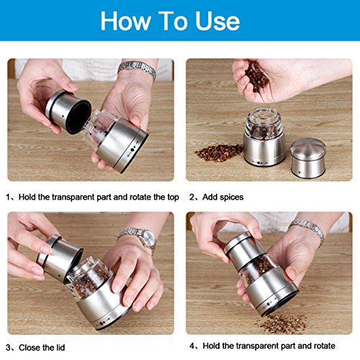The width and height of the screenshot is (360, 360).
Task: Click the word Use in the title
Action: (x=217, y=21)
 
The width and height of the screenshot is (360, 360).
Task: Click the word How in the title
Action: (x=126, y=21)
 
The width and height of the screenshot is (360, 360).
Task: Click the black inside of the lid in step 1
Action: (x=78, y=117)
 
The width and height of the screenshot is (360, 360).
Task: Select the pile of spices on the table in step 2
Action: (x=219, y=152)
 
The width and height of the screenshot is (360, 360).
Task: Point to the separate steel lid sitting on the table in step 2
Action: (x=308, y=158)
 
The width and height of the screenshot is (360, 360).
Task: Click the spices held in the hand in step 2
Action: (x=256, y=76)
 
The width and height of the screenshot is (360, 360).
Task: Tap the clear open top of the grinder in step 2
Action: (x=264, y=123)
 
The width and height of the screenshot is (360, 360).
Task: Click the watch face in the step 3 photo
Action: (x=148, y=241)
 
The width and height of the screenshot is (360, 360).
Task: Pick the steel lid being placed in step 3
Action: (x=60, y=258)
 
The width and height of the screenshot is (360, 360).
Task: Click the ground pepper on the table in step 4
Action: (x=282, y=323)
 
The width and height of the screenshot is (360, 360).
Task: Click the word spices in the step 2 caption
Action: (x=231, y=197)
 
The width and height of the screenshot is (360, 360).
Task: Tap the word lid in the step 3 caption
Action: (x=60, y=348)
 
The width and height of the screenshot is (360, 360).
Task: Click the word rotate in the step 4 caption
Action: (x=323, y=346)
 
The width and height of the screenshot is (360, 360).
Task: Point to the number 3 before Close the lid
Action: (x=9, y=348)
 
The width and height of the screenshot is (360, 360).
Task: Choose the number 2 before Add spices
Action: (x=192, y=197)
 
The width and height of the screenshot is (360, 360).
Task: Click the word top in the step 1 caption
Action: (x=173, y=197)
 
